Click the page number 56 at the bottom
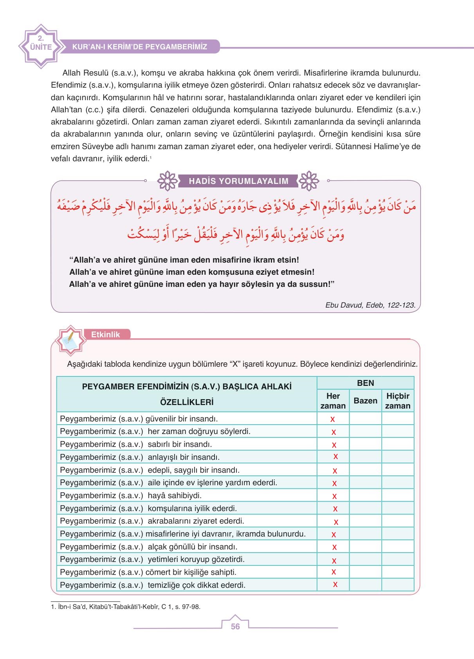[x=235, y=627]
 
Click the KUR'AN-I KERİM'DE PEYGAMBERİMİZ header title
[x=140, y=47]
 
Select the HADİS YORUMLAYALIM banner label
[x=238, y=181]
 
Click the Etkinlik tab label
[x=105, y=335]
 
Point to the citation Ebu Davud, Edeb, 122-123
[x=370, y=305]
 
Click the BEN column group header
[x=365, y=383]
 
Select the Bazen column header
[x=365, y=401]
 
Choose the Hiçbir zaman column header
[x=398, y=401]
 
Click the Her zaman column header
[x=333, y=401]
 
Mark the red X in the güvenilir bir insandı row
[x=333, y=419]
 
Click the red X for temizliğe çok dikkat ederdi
[x=335, y=585]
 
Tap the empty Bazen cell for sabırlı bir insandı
[x=365, y=445]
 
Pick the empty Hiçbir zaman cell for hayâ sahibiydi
[x=398, y=496]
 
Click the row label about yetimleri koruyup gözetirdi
[x=152, y=559]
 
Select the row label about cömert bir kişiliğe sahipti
[x=148, y=572]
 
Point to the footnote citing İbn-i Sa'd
[x=126, y=607]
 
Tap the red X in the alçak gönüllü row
[x=335, y=547]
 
